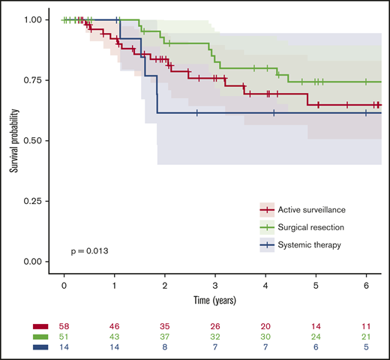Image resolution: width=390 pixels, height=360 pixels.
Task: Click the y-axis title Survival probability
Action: pyautogui.click(x=13, y=140)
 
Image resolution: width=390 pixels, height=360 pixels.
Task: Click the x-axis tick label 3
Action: pyautogui.click(x=215, y=286)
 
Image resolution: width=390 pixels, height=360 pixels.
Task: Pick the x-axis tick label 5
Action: pyautogui.click(x=316, y=286)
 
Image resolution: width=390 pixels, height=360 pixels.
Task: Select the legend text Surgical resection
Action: pyautogui.click(x=307, y=226)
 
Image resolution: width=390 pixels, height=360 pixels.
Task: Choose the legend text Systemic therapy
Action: pyautogui.click(x=306, y=244)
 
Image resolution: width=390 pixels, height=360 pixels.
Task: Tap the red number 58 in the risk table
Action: pyautogui.click(x=64, y=327)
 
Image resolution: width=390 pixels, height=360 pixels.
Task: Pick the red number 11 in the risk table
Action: pyautogui.click(x=366, y=327)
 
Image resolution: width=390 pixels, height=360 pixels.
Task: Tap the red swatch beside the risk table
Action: pyautogui.click(x=40, y=327)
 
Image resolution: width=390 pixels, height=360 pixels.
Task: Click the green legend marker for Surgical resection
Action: pyautogui.click(x=267, y=226)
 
